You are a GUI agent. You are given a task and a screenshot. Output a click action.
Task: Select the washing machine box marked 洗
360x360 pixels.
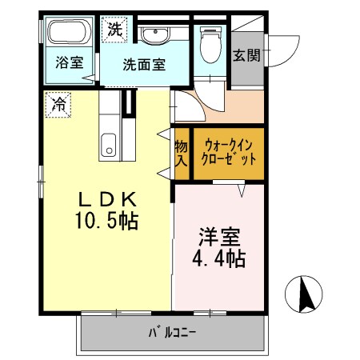pyautogui.click(x=115, y=30)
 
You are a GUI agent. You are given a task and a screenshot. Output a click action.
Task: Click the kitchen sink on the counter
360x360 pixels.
pyautogui.click(x=108, y=146)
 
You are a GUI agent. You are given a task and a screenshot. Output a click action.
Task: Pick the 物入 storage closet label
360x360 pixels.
pyautogui.click(x=181, y=153)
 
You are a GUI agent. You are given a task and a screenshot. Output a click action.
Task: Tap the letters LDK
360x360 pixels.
pyautogui.click(x=110, y=198)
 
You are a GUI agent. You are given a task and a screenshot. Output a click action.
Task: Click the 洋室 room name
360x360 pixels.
pyautogui.click(x=218, y=238)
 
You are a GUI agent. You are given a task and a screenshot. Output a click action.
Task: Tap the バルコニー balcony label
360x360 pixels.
pyautogui.click(x=172, y=331)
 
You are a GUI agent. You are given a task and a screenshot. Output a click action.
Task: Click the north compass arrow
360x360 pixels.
pyautogui.click(x=305, y=294)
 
